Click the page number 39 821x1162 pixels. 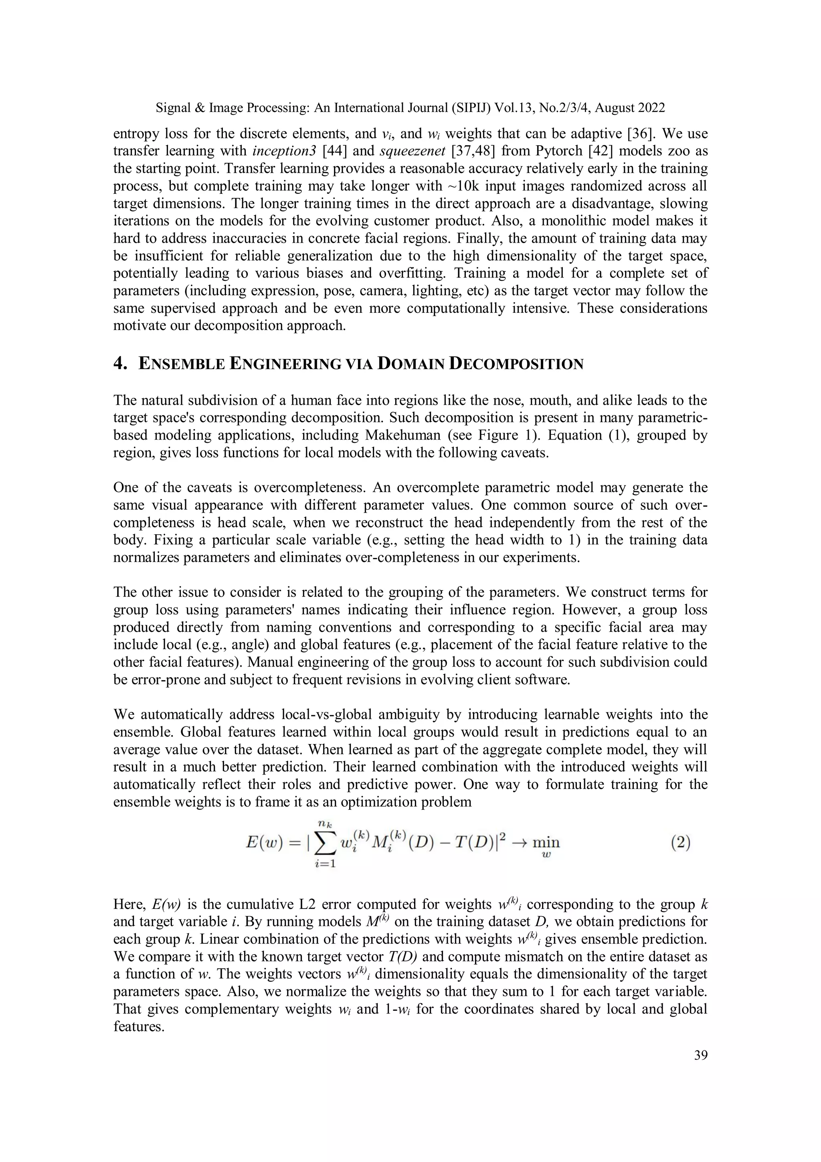pos(701,1055)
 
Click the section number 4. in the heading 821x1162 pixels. pos(120,363)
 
